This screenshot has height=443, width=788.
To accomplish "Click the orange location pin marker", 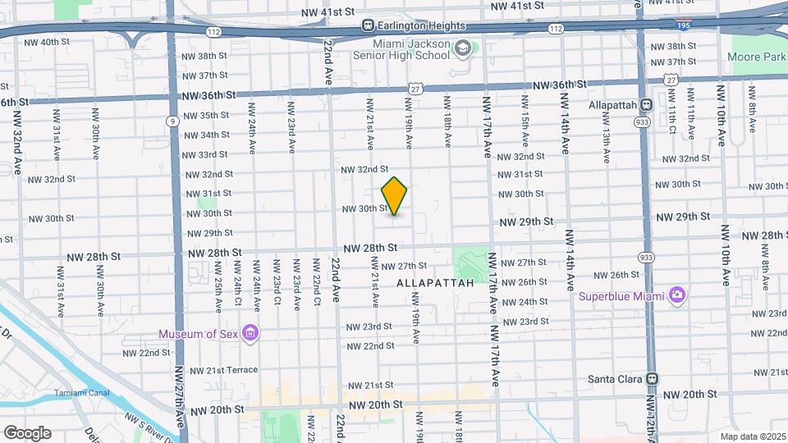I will [x=395, y=196].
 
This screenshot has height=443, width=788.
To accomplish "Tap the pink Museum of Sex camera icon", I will [x=250, y=333].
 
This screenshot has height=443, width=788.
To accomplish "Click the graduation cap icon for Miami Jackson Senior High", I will [x=463, y=49].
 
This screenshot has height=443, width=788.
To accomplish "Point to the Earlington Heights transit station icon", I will [x=369, y=26].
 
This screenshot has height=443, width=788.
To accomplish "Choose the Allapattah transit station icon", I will [x=646, y=105].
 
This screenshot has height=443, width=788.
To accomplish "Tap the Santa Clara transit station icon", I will [x=652, y=379].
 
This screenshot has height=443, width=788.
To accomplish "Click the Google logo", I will [x=27, y=432].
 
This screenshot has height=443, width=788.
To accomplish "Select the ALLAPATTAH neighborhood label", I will [x=435, y=282].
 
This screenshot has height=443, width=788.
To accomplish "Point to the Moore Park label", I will [x=755, y=57].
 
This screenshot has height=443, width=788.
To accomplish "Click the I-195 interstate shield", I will [x=682, y=25].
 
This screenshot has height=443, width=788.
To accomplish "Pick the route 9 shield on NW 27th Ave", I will [x=172, y=121].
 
